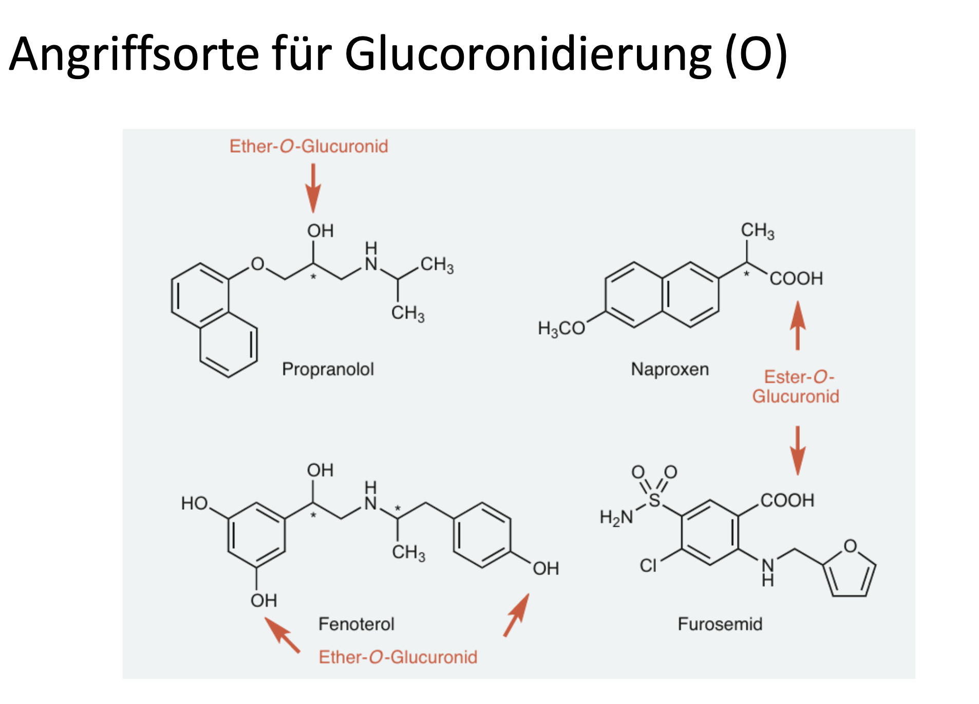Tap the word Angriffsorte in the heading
tap(135, 55)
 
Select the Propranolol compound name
tap(328, 369)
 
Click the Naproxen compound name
tap(670, 369)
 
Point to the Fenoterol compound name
tap(356, 624)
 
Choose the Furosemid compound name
tap(720, 624)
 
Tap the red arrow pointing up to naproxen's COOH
tap(797, 325)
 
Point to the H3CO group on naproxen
tap(561, 328)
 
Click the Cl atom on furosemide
tap(648, 566)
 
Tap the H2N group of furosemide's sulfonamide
tap(616, 517)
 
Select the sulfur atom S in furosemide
tap(654, 500)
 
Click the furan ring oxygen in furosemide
tap(850, 546)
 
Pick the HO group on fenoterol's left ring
tap(195, 503)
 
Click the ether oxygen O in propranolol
tap(257, 264)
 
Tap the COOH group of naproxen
tap(796, 279)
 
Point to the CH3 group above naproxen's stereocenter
tap(757, 231)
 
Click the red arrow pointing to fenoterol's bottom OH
tap(282, 635)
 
